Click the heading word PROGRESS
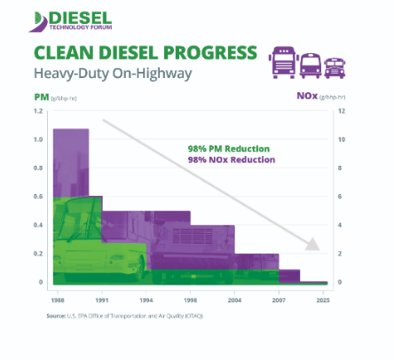pos(196,52)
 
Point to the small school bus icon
pos(335,65)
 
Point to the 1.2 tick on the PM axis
pos(38,112)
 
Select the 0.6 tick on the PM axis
pos(38,197)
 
